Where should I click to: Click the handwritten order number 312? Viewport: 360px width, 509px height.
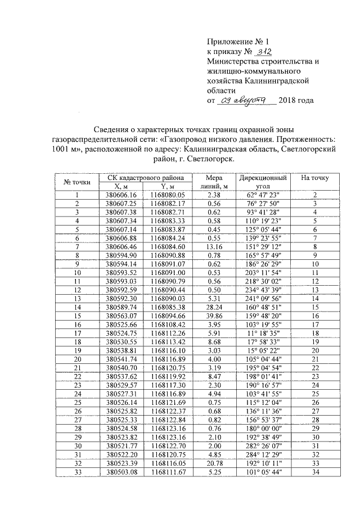[x=263, y=51]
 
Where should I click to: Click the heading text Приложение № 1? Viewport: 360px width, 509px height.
[x=238, y=41]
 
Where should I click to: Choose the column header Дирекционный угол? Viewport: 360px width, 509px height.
[x=263, y=182]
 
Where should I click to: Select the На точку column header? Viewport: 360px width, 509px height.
[x=315, y=178]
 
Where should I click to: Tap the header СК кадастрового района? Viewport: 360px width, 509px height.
[x=145, y=178]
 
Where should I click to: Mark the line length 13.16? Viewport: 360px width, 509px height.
[x=213, y=246]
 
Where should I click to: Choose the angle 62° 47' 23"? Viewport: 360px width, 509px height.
[x=263, y=195]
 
